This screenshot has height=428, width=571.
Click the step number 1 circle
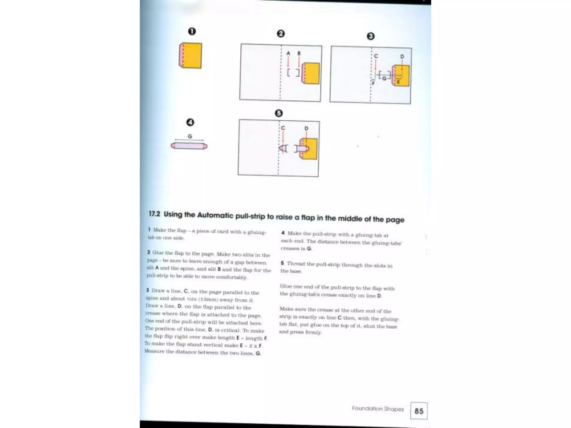click(192, 31)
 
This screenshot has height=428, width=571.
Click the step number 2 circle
click(280, 34)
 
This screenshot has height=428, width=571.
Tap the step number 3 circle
click(371, 36)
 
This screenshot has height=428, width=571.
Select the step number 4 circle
click(190, 122)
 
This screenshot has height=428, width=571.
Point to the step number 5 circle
click(279, 113)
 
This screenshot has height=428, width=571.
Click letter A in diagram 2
click(288, 53)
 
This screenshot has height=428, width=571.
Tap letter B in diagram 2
click(299, 53)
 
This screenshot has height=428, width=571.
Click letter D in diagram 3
click(402, 57)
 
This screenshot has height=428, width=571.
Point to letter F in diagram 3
click(373, 83)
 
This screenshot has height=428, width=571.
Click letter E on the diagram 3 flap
click(398, 82)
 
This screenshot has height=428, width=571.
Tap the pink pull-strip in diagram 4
click(189, 146)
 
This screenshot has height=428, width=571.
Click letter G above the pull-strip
click(190, 136)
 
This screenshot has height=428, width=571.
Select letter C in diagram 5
click(283, 128)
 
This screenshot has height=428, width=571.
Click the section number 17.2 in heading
click(154, 214)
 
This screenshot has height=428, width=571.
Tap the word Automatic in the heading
click(215, 215)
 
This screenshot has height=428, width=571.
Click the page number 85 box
click(418, 411)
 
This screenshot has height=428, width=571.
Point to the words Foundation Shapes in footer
click(378, 409)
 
